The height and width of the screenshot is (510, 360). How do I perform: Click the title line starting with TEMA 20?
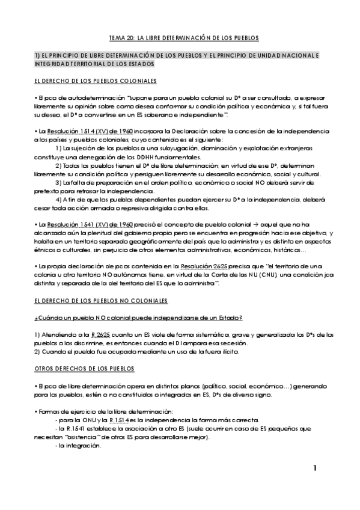(x=180, y=38)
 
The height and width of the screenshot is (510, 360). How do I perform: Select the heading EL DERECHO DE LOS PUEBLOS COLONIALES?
(x=96, y=80)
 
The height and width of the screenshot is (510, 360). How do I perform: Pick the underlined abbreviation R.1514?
(x=118, y=420)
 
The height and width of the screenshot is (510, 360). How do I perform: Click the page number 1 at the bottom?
(x=316, y=468)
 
